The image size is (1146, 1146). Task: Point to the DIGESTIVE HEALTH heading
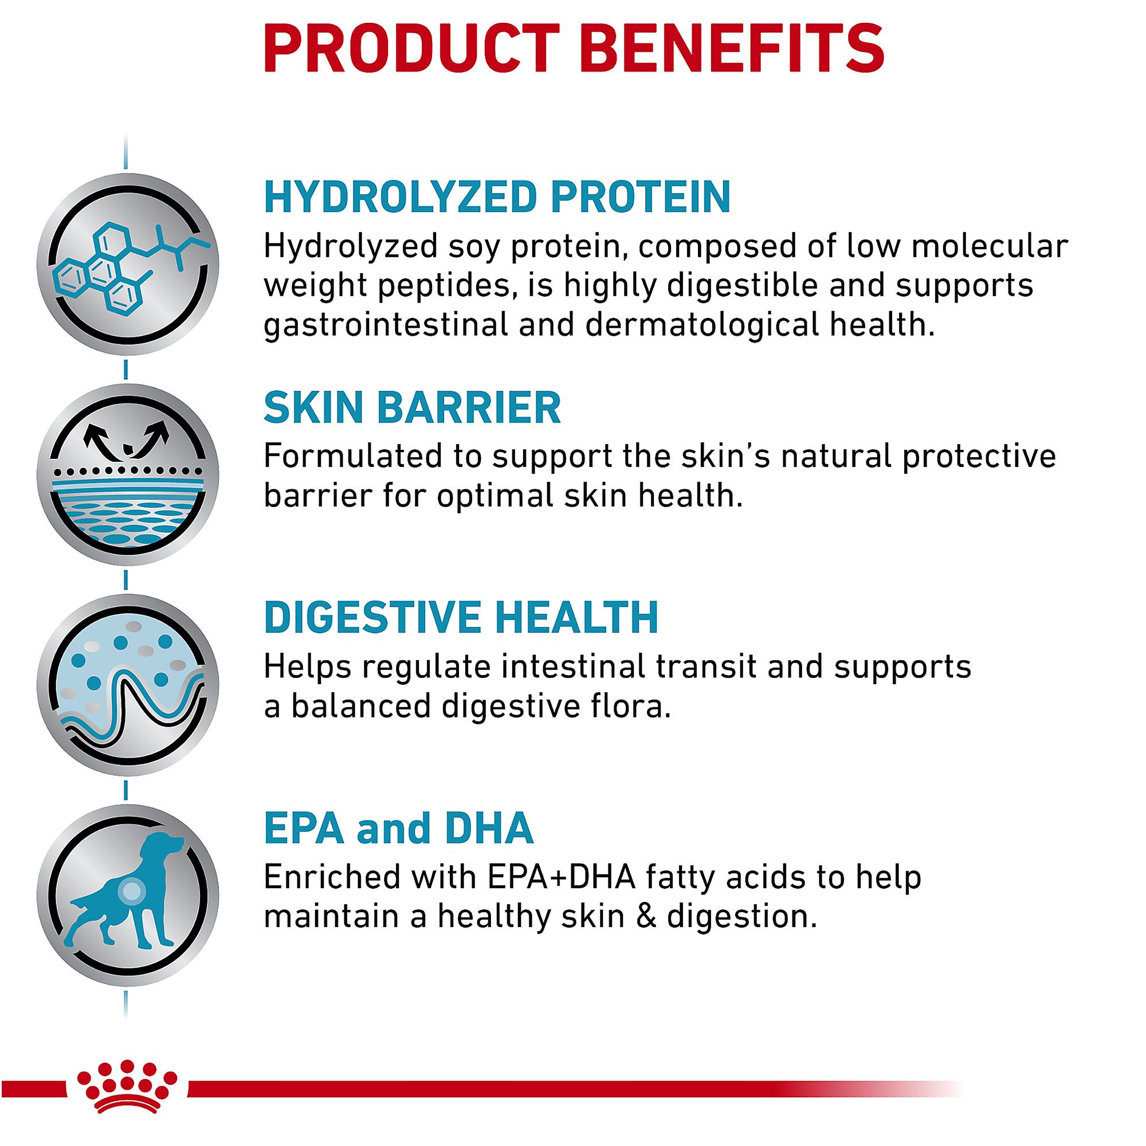click(461, 618)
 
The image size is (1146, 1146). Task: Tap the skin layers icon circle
click(128, 474)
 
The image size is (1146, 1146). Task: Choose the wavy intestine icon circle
click(128, 686)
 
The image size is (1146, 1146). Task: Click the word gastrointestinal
click(386, 325)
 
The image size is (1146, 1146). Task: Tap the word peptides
click(446, 286)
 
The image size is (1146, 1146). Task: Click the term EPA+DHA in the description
click(561, 877)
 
